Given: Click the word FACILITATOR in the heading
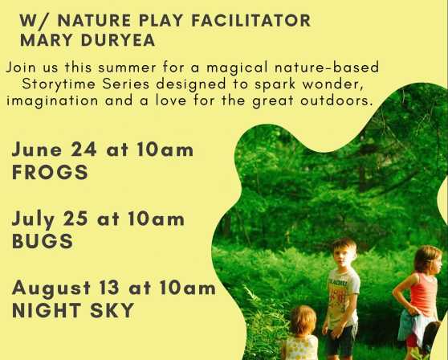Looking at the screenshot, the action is point(250,21).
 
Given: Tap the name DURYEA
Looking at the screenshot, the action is point(118,40).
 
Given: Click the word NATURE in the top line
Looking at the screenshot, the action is point(94,21).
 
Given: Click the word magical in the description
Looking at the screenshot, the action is point(238,68).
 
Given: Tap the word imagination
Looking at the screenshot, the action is point(52,101).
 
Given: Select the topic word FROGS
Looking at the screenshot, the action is point(50,172).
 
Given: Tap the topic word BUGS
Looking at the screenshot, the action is point(43,241).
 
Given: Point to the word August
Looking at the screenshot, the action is point(51,288).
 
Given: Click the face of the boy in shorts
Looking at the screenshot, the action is point(345,256).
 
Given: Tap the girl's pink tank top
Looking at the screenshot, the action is point(423,294).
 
